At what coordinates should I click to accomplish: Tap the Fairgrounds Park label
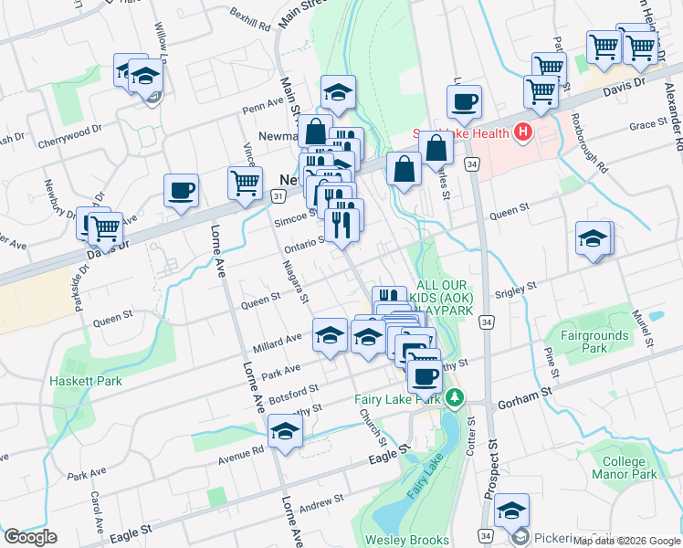coord(594,342)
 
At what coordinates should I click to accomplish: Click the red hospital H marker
coord(523,133)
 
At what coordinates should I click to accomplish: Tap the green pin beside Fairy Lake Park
coord(454,398)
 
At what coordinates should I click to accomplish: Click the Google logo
coord(30,537)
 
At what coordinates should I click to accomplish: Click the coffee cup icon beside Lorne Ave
coord(181,192)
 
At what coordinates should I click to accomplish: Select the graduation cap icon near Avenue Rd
coord(286,433)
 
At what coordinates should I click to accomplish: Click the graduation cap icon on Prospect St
coord(512,512)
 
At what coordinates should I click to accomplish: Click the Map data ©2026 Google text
coord(627,541)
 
